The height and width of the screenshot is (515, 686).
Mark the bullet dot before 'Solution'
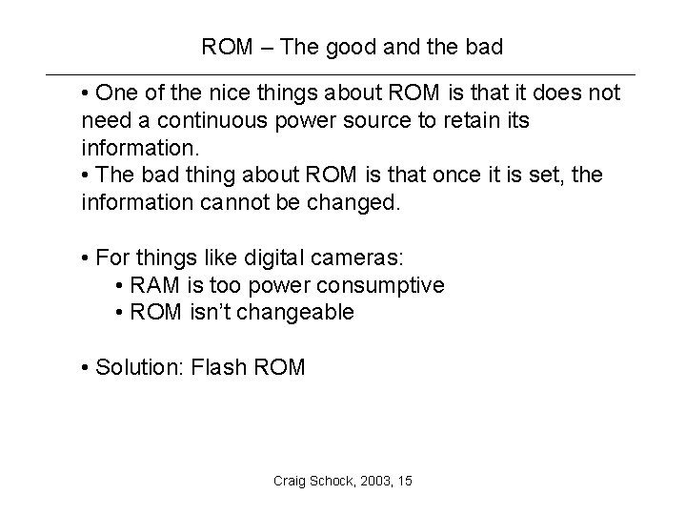[87, 368]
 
